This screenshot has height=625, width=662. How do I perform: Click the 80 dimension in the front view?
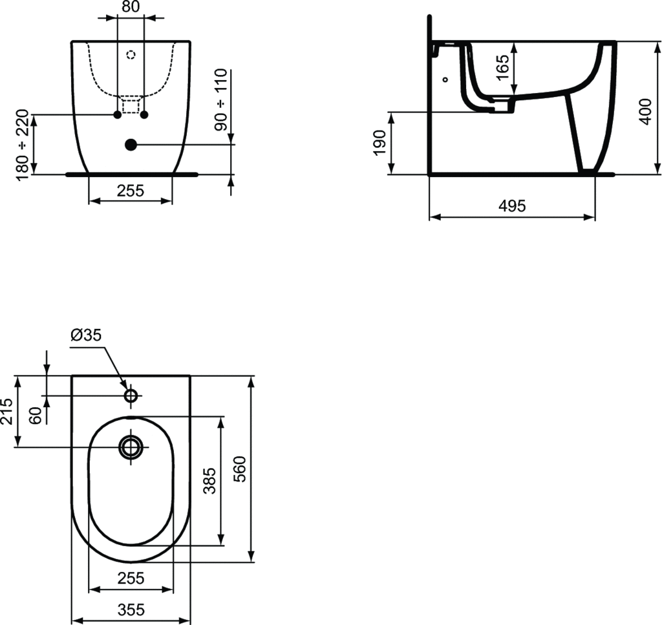131,6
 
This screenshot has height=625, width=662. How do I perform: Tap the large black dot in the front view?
131,145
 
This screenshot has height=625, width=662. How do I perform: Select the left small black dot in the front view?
117,115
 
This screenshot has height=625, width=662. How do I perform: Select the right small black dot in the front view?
144,115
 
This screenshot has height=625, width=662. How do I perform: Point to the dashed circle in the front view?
131,55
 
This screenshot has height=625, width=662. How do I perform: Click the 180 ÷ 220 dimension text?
22,145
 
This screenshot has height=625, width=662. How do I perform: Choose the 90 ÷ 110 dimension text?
222,101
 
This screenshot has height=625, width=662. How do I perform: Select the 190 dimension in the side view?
379,143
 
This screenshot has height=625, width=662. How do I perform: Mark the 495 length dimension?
512,206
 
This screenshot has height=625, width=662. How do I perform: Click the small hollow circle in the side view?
445,79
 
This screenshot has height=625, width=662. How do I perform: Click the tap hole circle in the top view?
131,395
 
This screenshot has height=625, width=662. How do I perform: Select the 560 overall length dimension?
239,469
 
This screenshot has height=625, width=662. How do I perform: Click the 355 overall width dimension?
131,609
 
